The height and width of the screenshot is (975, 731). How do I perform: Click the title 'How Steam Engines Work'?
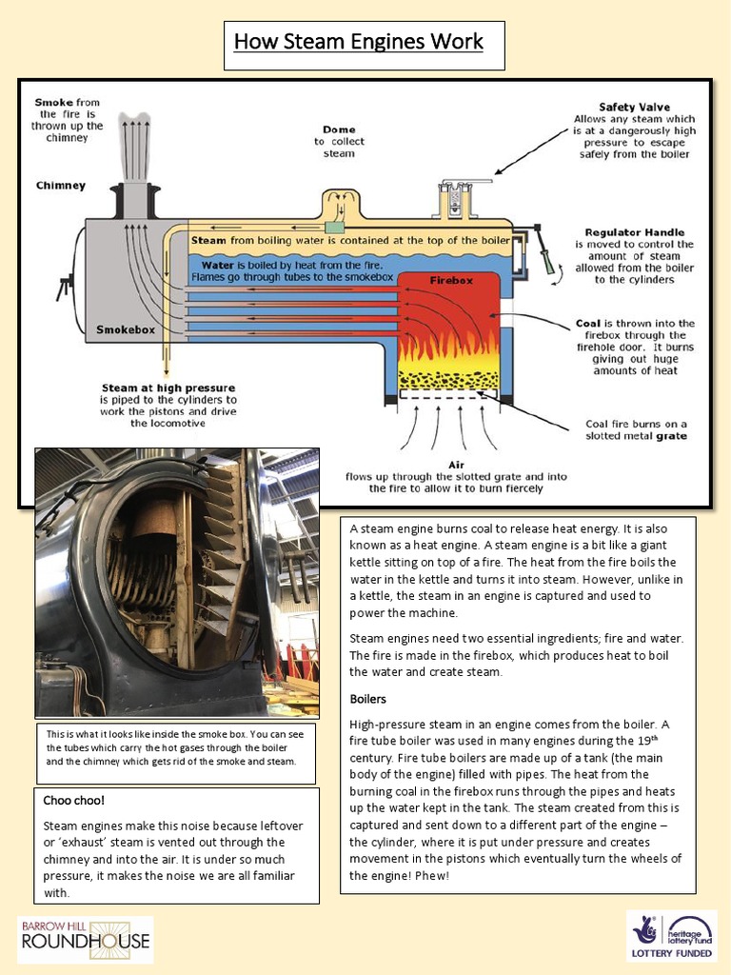coord(359,43)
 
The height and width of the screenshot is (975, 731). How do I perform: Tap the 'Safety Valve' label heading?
coord(634,108)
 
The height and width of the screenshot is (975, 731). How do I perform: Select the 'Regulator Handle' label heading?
coord(634,232)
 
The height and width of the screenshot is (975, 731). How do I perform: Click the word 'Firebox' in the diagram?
coord(446,281)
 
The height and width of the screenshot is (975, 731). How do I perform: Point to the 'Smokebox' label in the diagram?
coord(125,330)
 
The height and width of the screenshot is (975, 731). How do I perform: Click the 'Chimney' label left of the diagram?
coord(61,186)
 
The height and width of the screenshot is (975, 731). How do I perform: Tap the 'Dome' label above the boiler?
coord(339,129)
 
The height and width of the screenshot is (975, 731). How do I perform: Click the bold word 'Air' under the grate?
coord(445,465)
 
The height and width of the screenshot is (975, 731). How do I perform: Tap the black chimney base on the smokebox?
coord(132,202)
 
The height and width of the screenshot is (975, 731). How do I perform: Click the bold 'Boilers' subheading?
coord(367,699)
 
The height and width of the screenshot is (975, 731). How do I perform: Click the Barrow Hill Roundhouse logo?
coord(86,939)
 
